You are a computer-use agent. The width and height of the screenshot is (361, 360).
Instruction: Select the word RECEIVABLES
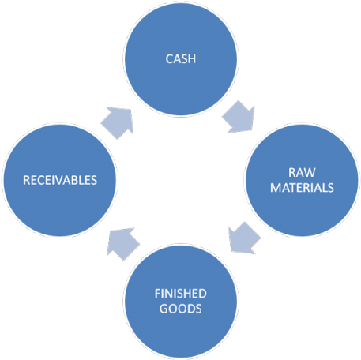[x=60, y=179]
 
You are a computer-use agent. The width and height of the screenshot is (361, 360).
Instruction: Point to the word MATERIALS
[x=300, y=188]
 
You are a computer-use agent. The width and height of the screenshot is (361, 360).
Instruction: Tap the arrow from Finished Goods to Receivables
[x=123, y=242]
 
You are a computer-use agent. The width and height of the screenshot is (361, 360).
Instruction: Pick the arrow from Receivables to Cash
[x=118, y=120]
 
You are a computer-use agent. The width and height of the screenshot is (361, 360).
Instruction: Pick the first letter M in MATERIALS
[x=274, y=188]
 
